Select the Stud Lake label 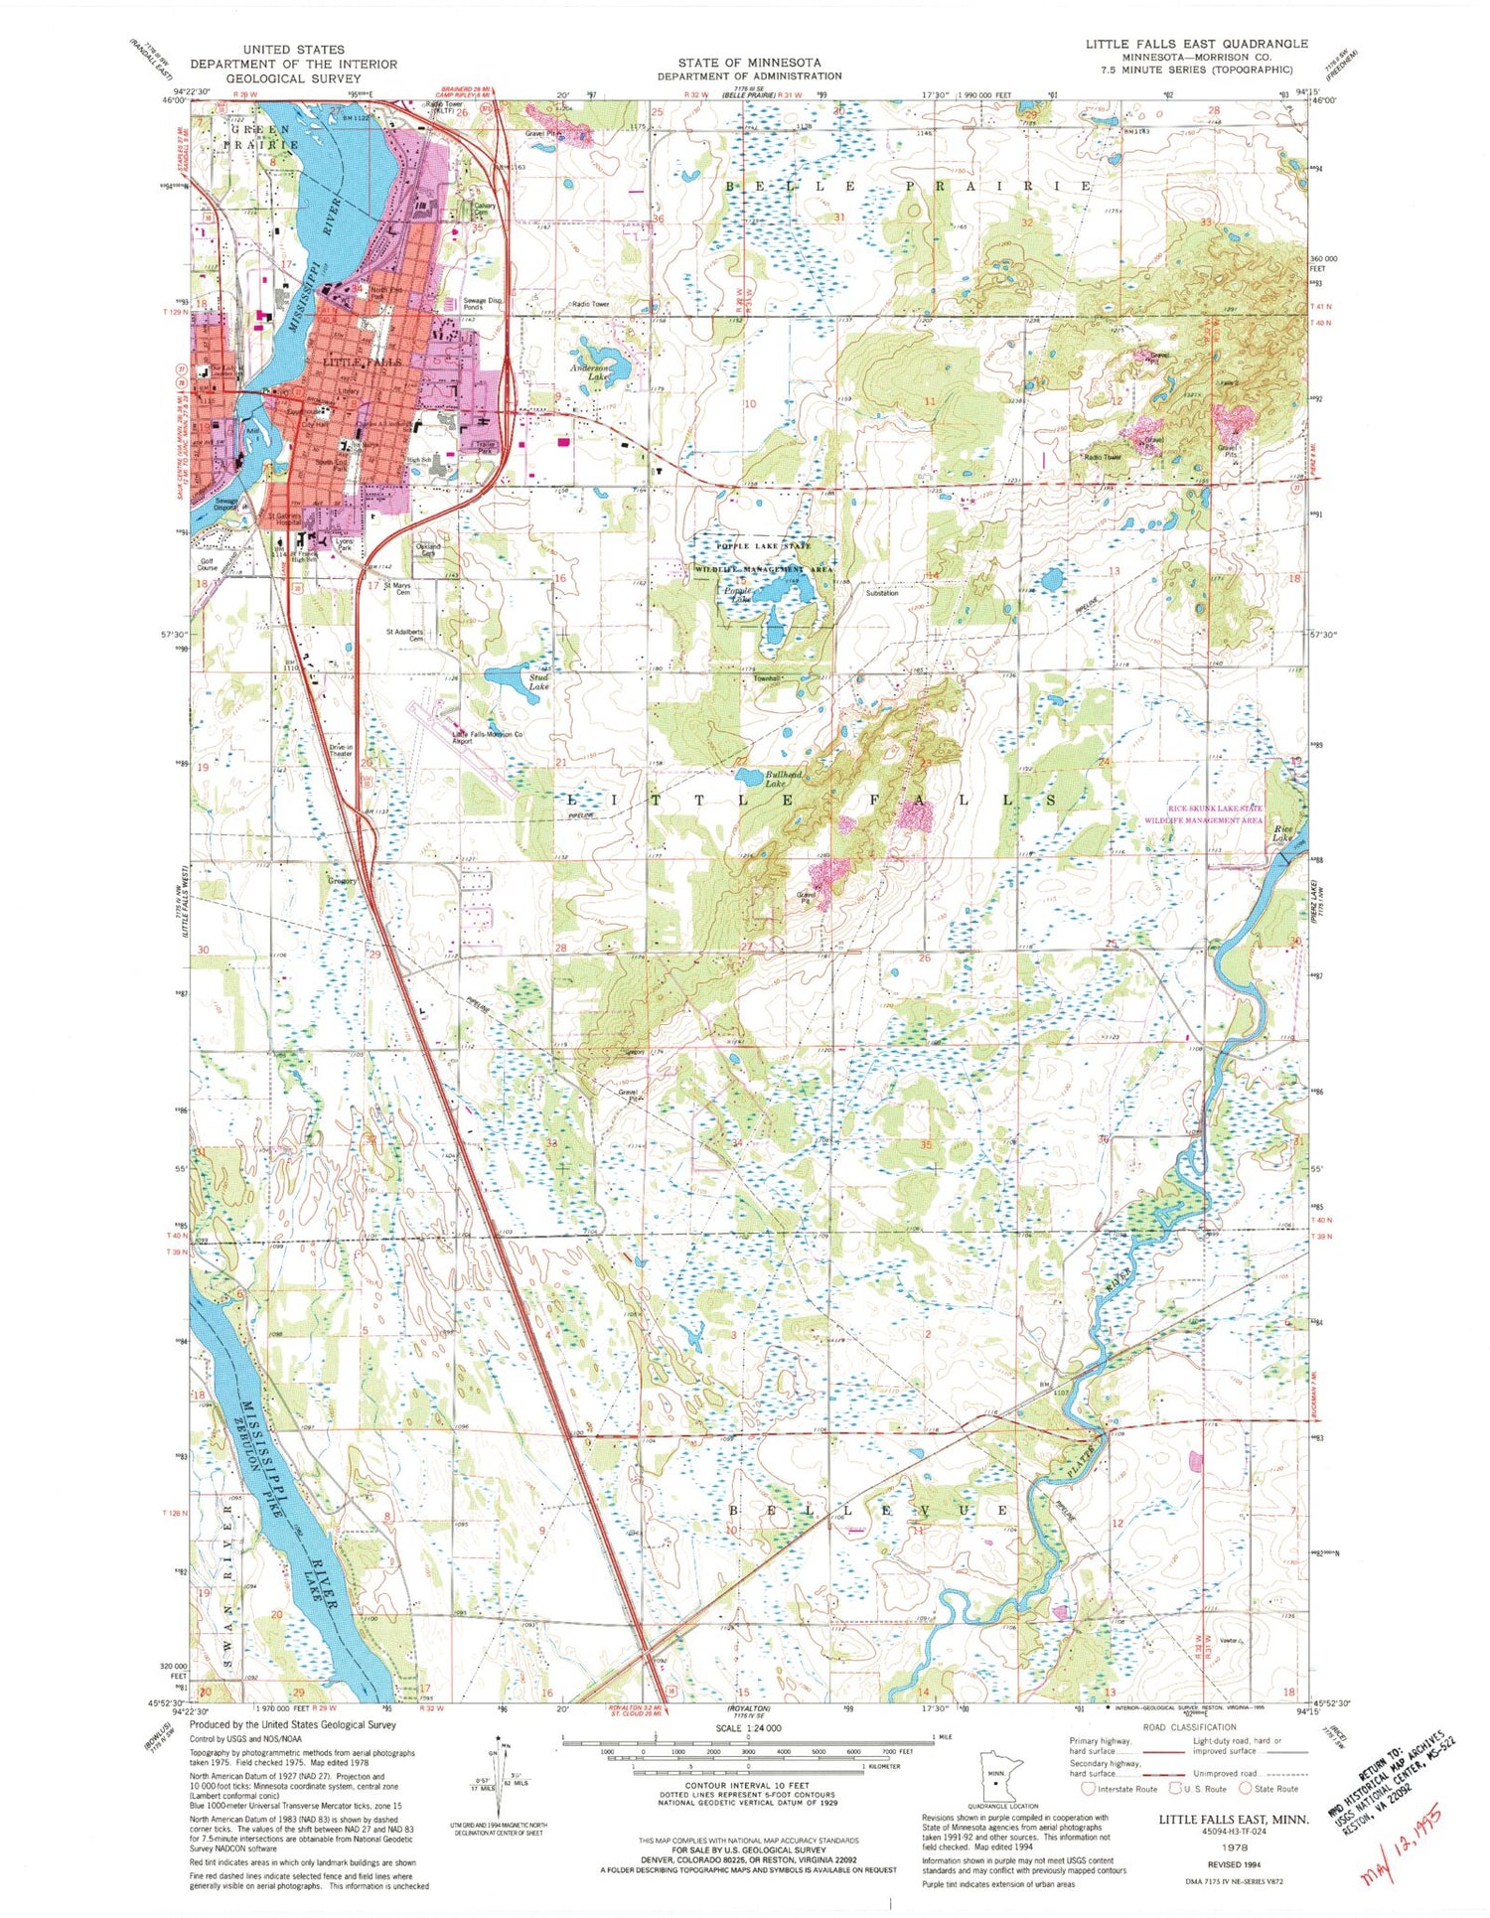(538, 681)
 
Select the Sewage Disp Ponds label (482, 304)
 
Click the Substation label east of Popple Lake (881, 593)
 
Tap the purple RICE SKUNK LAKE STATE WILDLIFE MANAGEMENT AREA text (1203, 814)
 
